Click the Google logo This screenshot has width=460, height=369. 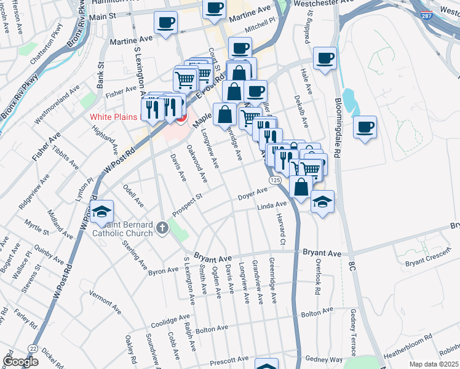pos(21,362)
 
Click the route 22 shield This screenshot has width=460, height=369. pos(33,349)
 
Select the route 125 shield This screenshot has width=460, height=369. pos(275,179)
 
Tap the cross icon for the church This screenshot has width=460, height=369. pos(163,229)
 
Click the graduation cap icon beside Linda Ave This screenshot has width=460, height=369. pos(322,201)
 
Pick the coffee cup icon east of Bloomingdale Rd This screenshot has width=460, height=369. pos(365,127)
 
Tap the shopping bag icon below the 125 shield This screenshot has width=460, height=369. pos(301,187)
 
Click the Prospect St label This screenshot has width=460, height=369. pos(188,203)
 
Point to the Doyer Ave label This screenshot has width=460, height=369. pos(253,195)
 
